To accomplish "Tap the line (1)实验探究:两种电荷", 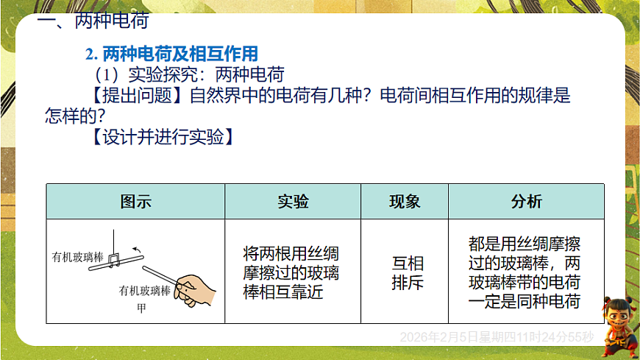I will [x=188, y=74].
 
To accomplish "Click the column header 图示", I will [x=135, y=202].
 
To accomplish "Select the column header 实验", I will [x=293, y=202].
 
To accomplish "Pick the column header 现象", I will [x=405, y=202].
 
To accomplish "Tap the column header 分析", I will [x=526, y=202].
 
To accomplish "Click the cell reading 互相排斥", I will [x=408, y=272].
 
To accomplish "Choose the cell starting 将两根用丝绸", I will [x=291, y=272].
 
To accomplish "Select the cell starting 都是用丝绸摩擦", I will [x=525, y=272].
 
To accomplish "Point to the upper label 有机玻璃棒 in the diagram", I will [x=77, y=258].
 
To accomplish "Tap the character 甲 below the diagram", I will [x=142, y=308].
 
